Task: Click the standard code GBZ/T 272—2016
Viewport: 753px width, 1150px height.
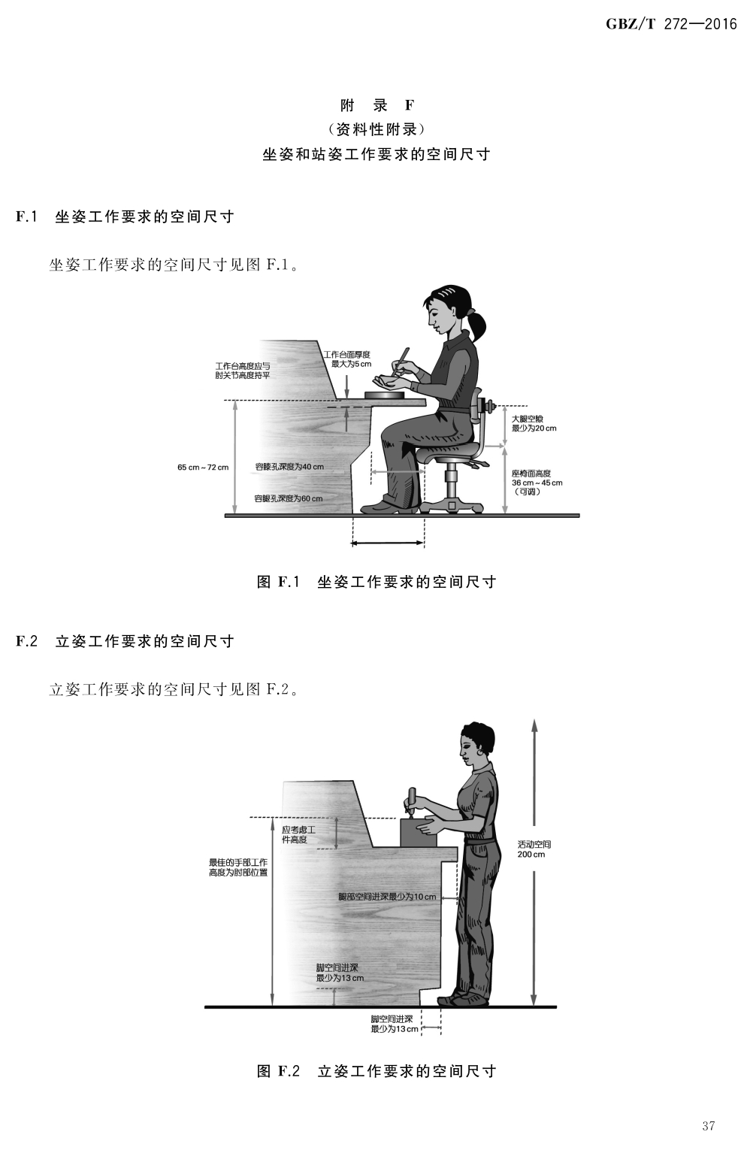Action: pos(671,25)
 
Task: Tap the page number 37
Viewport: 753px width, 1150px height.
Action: pos(708,1125)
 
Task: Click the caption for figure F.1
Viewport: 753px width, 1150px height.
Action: pos(376,582)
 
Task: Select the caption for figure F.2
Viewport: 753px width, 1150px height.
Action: pos(376,1071)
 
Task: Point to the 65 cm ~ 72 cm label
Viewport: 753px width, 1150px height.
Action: pos(203,468)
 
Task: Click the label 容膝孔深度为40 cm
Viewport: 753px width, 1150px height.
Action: pos(289,467)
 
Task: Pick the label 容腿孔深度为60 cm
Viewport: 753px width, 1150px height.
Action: pos(289,498)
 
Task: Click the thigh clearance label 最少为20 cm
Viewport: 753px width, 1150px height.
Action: pos(534,428)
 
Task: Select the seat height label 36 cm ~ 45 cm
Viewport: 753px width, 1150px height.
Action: pos(537,483)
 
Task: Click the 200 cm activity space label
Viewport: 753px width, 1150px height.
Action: pos(531,855)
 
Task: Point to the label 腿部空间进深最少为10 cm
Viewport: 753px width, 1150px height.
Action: pos(387,897)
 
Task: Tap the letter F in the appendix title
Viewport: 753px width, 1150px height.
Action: pos(410,105)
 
